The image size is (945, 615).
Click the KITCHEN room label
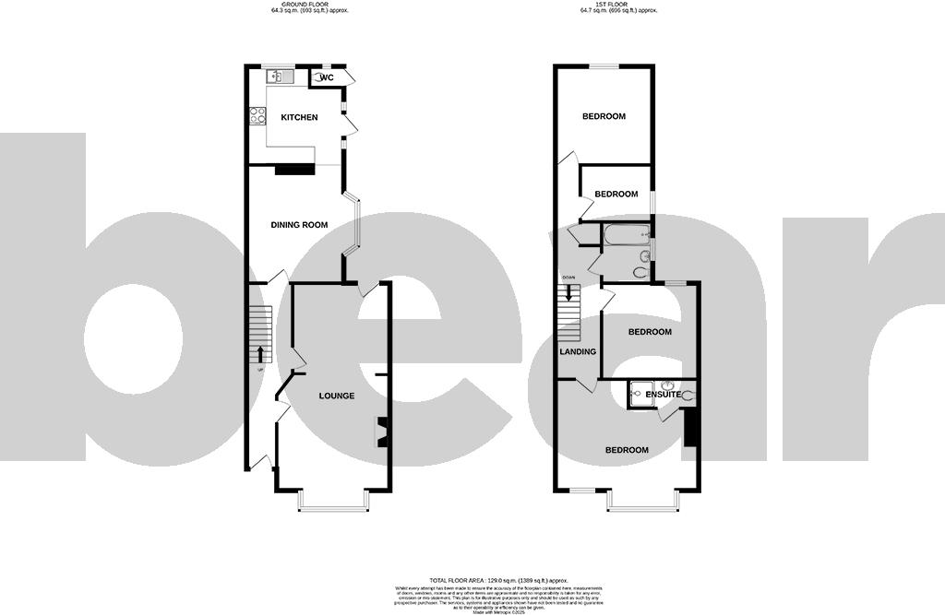pyautogui.click(x=299, y=117)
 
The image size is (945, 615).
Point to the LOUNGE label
pyautogui.click(x=337, y=396)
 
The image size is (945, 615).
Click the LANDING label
pyautogui.click(x=578, y=351)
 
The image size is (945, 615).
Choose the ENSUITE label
pyautogui.click(x=663, y=395)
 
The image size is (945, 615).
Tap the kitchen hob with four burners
pyautogui.click(x=257, y=117)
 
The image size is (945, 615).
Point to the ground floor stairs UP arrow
pyautogui.click(x=260, y=355)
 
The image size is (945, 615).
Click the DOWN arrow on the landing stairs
pyautogui.click(x=569, y=293)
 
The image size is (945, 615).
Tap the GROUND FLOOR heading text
pyautogui.click(x=293, y=6)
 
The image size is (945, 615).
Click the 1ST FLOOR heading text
pyautogui.click(x=618, y=6)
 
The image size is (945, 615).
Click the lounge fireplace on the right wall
pyautogui.click(x=381, y=432)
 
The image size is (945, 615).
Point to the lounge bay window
pyautogui.click(x=334, y=503)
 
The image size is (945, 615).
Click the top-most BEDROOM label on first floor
pyautogui.click(x=604, y=116)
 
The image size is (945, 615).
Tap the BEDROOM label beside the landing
pyautogui.click(x=650, y=331)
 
